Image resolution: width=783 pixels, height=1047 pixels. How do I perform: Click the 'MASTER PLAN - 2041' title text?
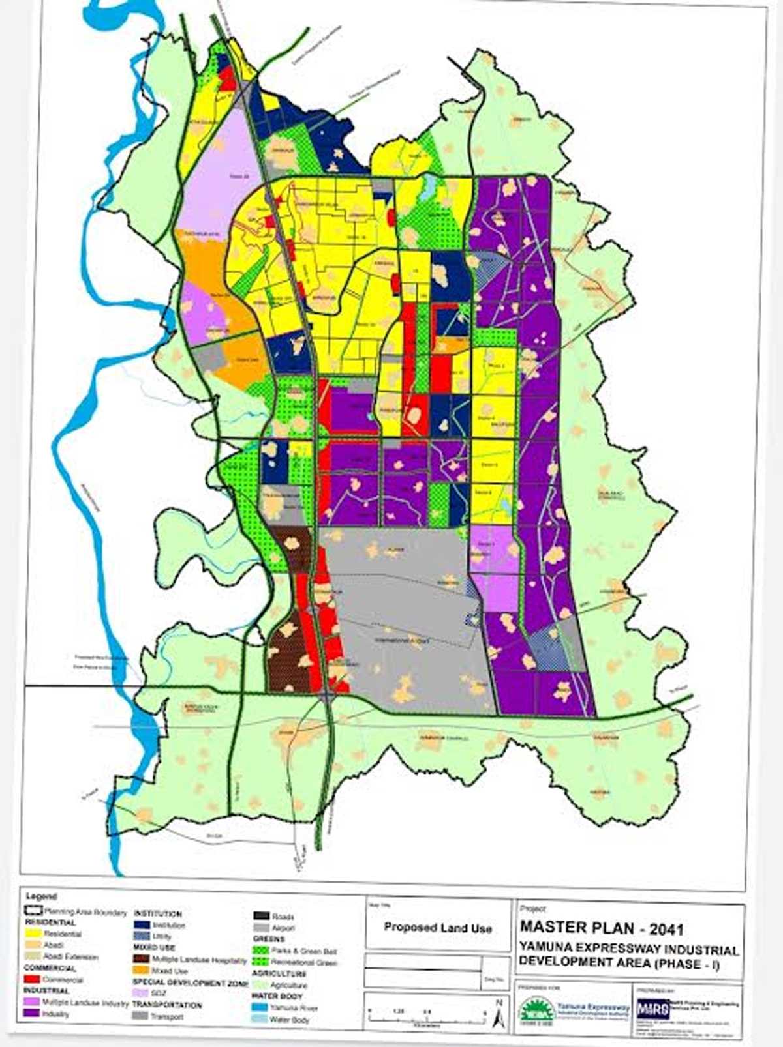tap(601, 926)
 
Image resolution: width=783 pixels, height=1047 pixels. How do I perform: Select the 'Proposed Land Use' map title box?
tap(438, 927)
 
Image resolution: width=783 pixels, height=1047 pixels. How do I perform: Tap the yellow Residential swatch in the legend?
tap(33, 934)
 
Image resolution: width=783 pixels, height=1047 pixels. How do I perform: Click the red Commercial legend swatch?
tap(33, 979)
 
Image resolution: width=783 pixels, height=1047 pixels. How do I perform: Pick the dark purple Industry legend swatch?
tap(33, 1014)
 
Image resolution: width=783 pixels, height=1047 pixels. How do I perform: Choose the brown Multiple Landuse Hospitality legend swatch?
tap(142, 960)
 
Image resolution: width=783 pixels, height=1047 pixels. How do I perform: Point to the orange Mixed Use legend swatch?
tap(142, 971)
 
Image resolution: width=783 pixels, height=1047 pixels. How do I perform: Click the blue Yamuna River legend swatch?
tap(261, 1007)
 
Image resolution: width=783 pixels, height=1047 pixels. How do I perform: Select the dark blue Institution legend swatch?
tap(142, 925)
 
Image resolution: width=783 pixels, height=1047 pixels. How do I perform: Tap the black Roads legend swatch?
tap(261, 916)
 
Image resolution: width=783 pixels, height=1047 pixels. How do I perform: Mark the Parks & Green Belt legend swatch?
tap(261, 951)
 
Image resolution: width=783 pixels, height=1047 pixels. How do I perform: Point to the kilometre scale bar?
tap(427, 1018)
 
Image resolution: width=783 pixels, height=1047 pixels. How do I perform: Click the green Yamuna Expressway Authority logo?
tap(537, 1010)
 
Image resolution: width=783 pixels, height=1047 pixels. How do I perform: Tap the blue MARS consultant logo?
tap(653, 1009)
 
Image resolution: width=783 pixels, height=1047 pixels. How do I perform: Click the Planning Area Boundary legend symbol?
tap(33, 911)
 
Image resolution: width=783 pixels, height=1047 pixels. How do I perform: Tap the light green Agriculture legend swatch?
tap(261, 985)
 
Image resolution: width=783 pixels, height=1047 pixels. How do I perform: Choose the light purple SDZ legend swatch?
tap(142, 993)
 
